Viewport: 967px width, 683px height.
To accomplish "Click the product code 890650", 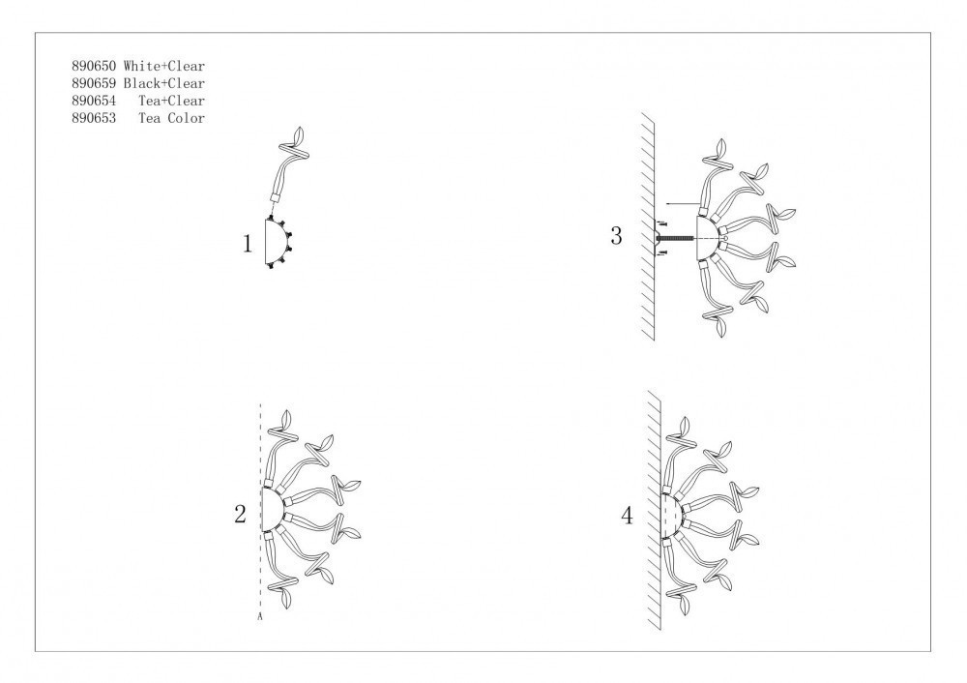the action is coord(94,66).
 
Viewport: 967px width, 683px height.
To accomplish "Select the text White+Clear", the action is coord(164,66).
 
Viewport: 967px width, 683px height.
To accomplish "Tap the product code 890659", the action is coord(94,83).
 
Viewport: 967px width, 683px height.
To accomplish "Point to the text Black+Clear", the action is coord(164,83).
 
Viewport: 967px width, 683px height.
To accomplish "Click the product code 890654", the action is coord(94,101).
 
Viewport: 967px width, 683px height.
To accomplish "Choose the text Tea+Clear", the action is coord(171,101).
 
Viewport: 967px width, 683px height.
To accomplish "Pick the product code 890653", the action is coord(94,118).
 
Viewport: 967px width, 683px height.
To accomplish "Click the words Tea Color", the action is coord(171,118).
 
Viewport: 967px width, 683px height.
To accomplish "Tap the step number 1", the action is coord(248,244).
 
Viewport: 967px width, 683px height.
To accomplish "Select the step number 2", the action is coord(240,514).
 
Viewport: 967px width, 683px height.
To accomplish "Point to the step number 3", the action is coord(616,236).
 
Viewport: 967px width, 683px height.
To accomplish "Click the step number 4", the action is coord(628,516).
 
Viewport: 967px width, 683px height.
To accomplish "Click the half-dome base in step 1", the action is coord(276,242).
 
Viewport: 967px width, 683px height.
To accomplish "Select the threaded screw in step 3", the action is coord(676,239).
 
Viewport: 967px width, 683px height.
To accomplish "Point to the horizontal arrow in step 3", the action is coord(682,202).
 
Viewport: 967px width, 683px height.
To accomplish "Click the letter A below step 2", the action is coord(260,615).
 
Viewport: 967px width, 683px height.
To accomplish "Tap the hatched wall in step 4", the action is coord(655,510).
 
